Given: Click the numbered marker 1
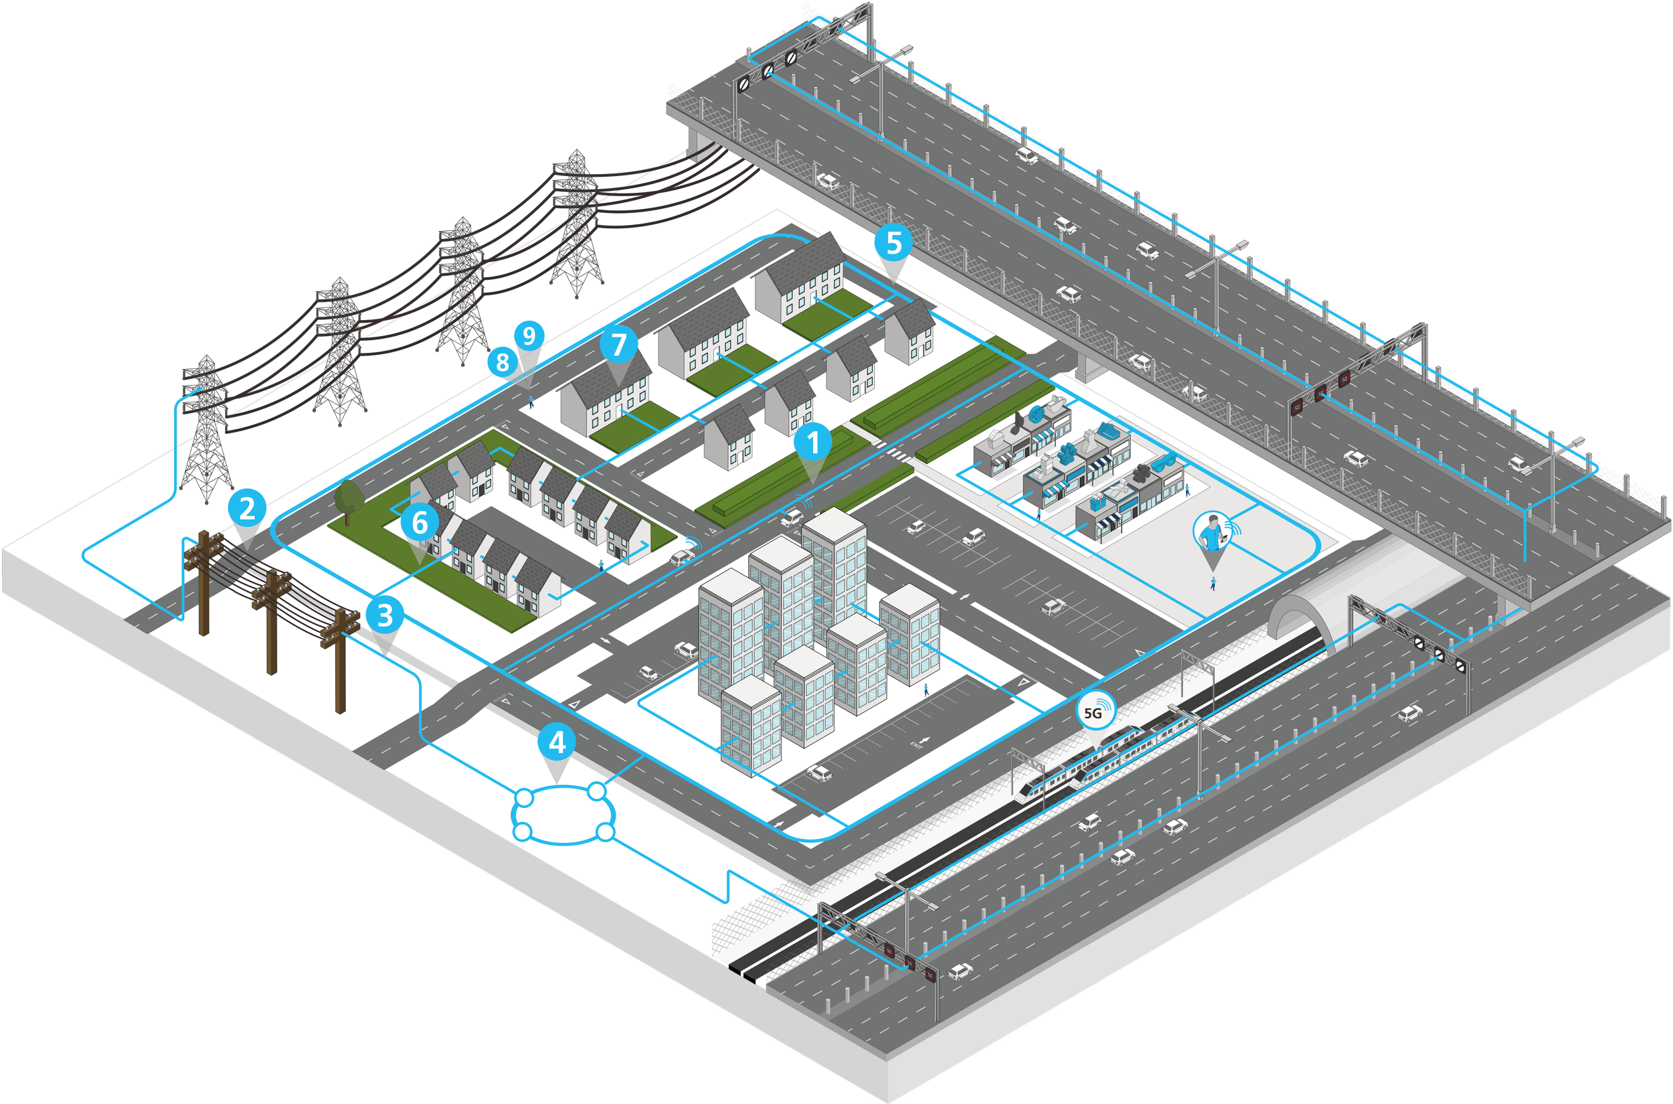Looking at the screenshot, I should tap(814, 444).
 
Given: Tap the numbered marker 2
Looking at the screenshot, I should tap(248, 508).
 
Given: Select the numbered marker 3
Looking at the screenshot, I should tap(384, 615).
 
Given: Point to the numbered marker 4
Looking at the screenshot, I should tap(557, 741).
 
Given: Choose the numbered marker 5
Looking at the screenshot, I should tap(894, 243).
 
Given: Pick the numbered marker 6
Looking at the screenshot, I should tap(420, 522).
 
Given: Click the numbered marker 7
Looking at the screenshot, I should tap(618, 344).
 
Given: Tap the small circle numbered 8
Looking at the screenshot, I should tap(502, 362).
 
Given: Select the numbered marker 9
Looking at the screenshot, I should tap(529, 336).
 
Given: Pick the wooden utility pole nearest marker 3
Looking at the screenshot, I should tap(340, 658).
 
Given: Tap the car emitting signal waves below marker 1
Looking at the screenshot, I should tap(792, 518).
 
